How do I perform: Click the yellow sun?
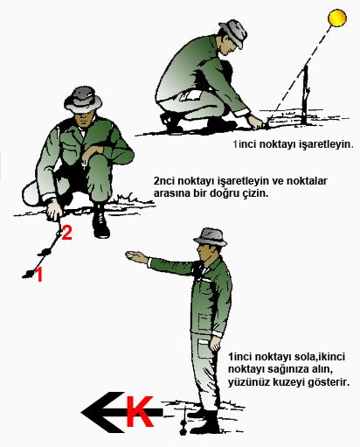[336, 17]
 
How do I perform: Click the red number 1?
[36, 276]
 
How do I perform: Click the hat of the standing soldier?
[210, 236]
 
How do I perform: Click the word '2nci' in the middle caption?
[164, 180]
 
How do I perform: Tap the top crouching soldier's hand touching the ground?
[253, 119]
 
